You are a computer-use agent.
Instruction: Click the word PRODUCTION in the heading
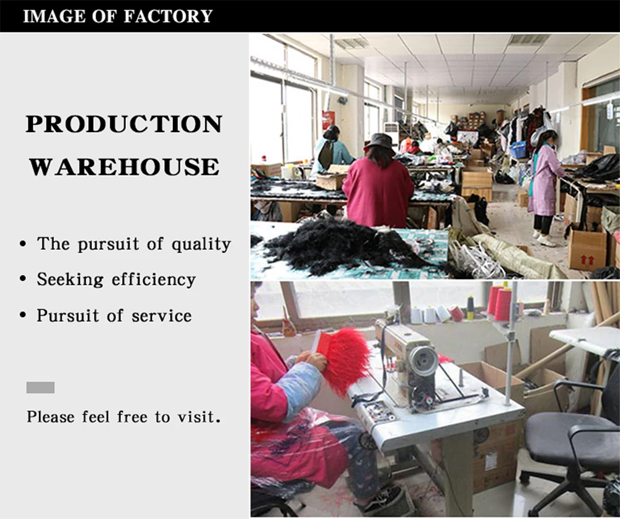click(x=123, y=124)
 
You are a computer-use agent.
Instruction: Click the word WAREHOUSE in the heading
click(x=124, y=167)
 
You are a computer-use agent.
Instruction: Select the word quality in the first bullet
click(x=201, y=244)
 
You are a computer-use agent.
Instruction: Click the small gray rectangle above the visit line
click(x=40, y=388)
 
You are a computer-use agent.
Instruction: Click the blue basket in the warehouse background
click(x=518, y=149)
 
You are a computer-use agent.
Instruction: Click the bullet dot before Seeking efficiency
click(x=23, y=280)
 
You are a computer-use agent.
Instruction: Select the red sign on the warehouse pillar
click(x=328, y=119)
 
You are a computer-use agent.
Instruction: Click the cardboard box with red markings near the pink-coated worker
click(x=586, y=248)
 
